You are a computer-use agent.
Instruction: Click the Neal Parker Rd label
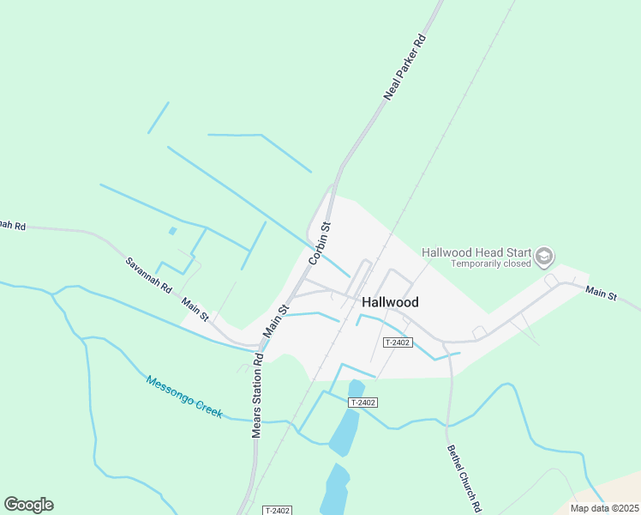[x=405, y=68]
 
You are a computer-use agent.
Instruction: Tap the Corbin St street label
[x=320, y=243]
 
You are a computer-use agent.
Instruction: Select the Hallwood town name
[x=390, y=302]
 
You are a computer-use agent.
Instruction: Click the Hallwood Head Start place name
[x=476, y=252]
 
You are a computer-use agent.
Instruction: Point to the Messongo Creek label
[x=183, y=397]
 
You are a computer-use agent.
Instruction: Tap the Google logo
[x=28, y=505]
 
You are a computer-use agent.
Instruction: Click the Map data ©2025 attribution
[x=603, y=508]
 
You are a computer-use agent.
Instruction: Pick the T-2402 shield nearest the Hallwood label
[x=398, y=342]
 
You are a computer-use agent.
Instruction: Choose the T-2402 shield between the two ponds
[x=363, y=403]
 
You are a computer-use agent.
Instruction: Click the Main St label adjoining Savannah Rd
[x=195, y=308]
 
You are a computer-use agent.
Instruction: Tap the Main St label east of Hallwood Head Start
[x=601, y=294]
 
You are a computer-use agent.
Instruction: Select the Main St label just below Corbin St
[x=277, y=319]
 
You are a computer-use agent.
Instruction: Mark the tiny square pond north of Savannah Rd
[x=173, y=231]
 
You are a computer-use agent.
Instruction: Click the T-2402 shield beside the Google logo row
[x=278, y=510]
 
